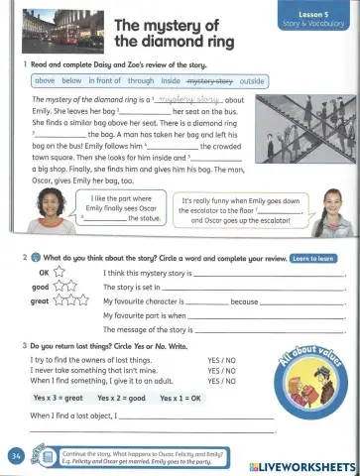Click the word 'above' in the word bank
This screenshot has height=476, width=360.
pos(46,80)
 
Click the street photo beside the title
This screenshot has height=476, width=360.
pos(56,30)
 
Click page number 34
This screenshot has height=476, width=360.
pos(15,455)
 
